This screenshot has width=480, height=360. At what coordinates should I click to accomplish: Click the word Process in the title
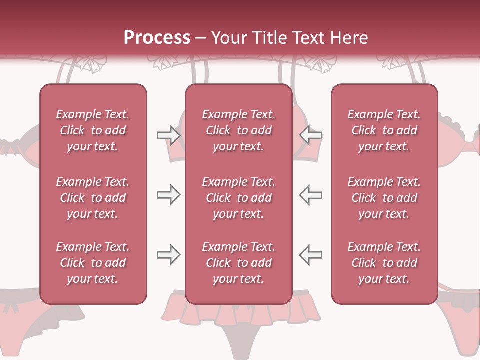point(157,38)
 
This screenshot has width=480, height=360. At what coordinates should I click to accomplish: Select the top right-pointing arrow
point(168,135)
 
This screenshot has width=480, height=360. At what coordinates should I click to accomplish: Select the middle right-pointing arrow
point(168,195)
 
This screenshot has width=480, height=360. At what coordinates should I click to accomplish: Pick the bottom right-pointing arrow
point(168,255)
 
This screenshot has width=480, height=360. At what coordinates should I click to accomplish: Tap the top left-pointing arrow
point(311,135)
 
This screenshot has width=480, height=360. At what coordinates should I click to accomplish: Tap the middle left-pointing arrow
point(311,195)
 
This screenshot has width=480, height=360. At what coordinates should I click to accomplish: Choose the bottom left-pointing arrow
point(311,255)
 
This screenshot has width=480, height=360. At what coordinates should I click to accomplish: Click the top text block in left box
point(93,130)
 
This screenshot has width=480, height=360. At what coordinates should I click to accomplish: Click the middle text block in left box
point(93,198)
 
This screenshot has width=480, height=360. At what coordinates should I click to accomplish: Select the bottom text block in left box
point(93,263)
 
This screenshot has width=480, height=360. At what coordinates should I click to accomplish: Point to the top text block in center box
point(238,130)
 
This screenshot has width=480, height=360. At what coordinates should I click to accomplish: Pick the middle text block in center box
point(238,198)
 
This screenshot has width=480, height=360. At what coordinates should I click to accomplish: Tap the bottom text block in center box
point(238,263)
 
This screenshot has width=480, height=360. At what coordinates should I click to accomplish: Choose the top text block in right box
point(384,130)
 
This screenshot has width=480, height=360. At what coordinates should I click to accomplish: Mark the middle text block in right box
point(384,198)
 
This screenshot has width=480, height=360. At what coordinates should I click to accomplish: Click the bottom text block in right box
point(384,263)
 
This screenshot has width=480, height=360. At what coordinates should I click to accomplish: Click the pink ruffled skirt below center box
point(239,315)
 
